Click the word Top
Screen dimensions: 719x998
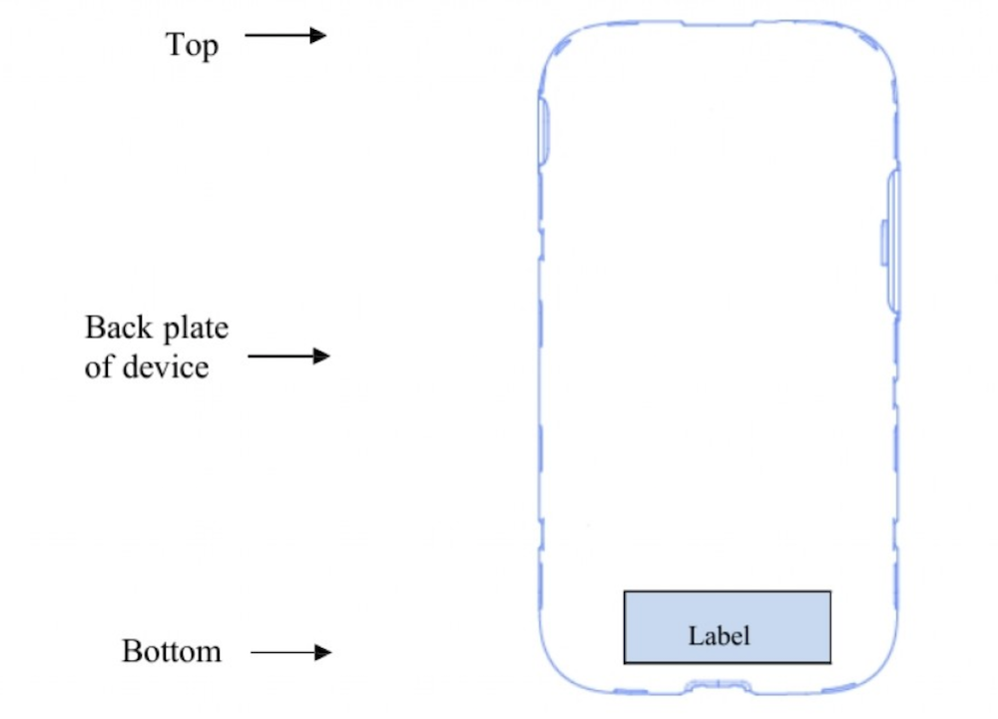(x=192, y=45)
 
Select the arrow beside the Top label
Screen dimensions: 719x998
(x=285, y=36)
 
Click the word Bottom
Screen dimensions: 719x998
(x=172, y=651)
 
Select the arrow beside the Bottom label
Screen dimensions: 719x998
(x=289, y=653)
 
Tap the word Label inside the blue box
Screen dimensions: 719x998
(x=719, y=634)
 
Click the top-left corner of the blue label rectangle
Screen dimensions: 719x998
(x=625, y=591)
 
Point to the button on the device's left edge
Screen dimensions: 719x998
(x=544, y=130)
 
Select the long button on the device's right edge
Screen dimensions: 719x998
(x=893, y=240)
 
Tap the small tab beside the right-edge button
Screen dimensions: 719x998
(x=883, y=245)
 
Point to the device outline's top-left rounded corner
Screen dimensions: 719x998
(x=559, y=45)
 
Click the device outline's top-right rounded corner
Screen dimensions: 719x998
(x=878, y=45)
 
